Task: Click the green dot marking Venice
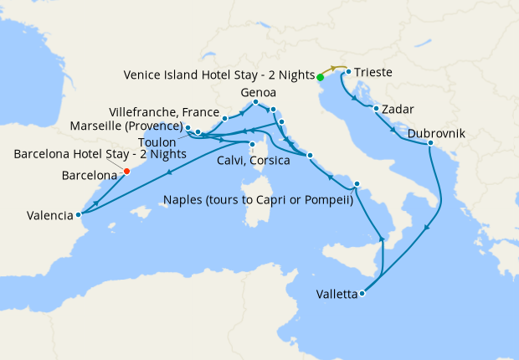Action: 320,78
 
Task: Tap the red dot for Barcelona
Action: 126,172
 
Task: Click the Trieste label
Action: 373,73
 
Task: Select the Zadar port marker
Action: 377,109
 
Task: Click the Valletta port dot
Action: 362,294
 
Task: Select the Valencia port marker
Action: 79,213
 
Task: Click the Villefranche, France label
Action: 163,111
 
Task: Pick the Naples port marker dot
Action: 357,184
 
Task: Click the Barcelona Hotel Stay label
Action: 100,155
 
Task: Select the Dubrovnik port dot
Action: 430,143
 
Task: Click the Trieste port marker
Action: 347,72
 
